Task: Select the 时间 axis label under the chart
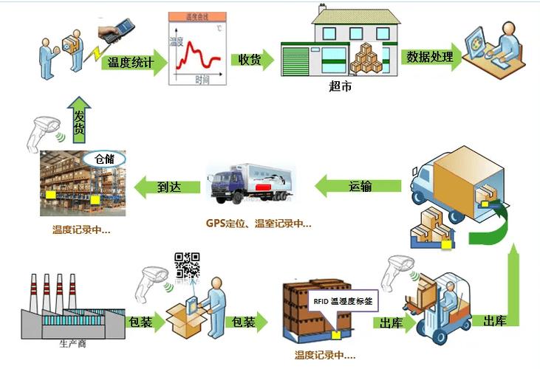click(x=202, y=79)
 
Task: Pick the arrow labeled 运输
click(x=360, y=186)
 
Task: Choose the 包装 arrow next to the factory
click(x=138, y=323)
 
